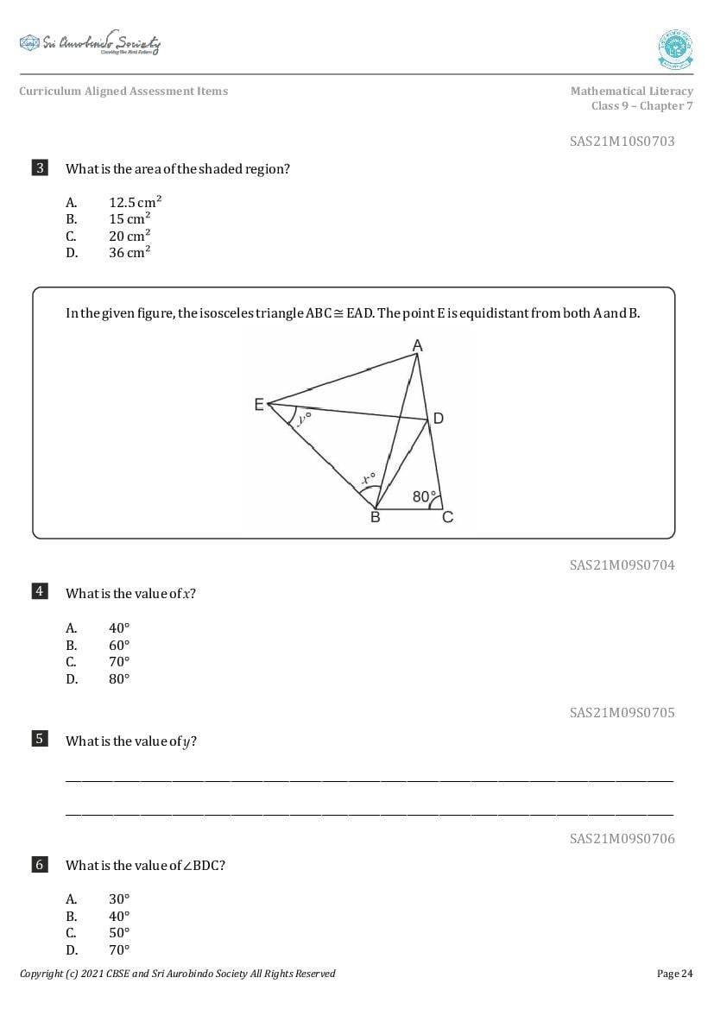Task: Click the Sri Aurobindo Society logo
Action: click(90, 44)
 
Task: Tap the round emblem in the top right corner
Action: click(675, 49)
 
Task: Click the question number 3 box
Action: click(40, 168)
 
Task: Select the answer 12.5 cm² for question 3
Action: click(135, 202)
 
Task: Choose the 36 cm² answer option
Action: click(130, 253)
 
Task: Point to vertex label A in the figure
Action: click(417, 345)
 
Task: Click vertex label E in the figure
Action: click(259, 404)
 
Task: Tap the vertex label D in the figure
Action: click(439, 419)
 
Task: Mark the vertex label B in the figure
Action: click(375, 518)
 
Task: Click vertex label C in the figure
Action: click(447, 518)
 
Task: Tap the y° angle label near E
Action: click(303, 419)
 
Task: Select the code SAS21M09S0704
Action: click(622, 565)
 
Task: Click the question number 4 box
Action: click(40, 591)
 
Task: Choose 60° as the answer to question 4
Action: click(119, 646)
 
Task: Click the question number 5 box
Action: click(40, 739)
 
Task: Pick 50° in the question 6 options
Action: click(119, 933)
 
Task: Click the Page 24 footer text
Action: click(674, 974)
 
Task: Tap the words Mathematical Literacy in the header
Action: click(631, 91)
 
